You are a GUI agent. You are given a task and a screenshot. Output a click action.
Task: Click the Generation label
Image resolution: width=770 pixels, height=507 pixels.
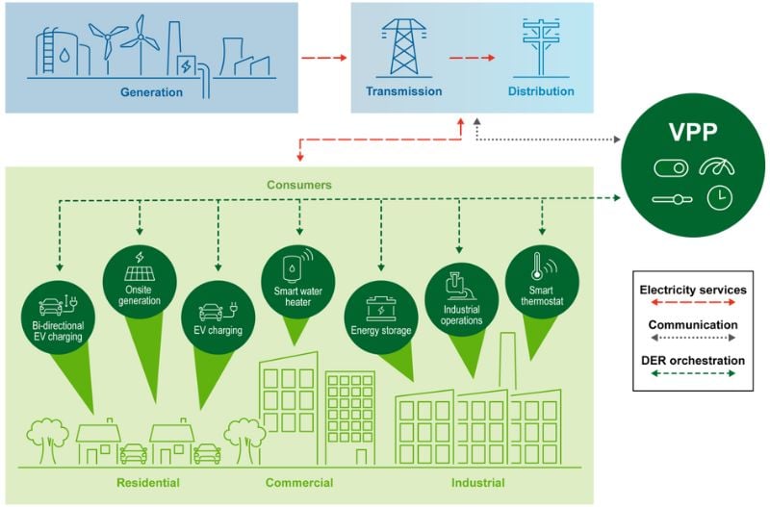[151, 92]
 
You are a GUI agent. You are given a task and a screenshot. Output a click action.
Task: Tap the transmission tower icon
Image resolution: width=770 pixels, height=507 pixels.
[403, 46]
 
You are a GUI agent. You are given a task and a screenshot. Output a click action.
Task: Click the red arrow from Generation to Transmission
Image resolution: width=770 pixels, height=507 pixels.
[321, 59]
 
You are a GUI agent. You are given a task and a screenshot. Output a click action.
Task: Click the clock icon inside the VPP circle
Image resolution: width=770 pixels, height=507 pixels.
[718, 198]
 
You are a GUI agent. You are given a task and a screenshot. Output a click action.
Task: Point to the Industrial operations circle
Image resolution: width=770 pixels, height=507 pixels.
[461, 299]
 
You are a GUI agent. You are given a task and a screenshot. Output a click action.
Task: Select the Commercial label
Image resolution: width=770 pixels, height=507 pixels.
[298, 482]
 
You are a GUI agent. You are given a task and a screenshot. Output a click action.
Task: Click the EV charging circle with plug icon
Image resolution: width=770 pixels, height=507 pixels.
[218, 317]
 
